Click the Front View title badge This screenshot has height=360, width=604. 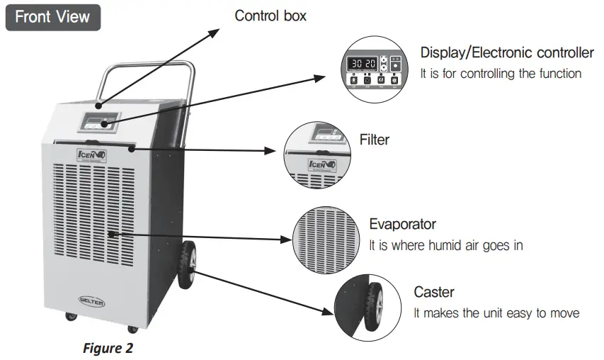coord(53,17)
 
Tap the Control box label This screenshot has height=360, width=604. coord(270,15)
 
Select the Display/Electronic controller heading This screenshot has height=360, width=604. coord(507,52)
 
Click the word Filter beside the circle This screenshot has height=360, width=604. coord(374,140)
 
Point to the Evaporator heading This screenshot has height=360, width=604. coord(402,225)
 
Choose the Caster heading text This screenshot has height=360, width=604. coord(433,292)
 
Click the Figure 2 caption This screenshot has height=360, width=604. coord(108,348)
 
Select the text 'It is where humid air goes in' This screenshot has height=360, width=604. coord(445,245)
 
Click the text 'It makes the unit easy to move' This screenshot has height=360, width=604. coord(496,313)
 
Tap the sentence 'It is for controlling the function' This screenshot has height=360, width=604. coord(501,73)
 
